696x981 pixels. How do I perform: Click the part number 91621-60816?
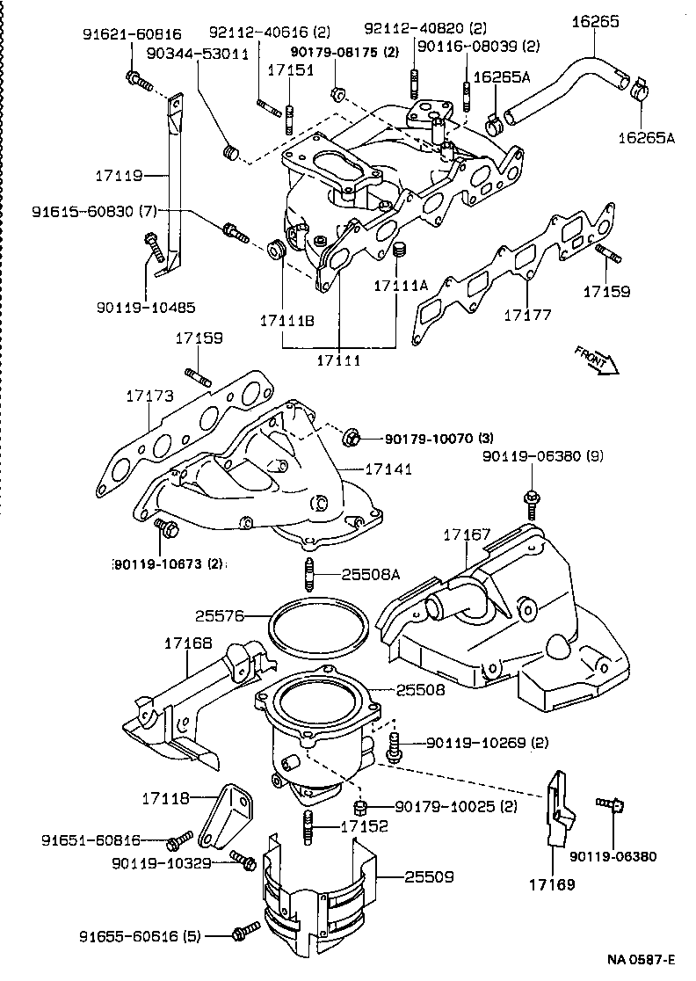click(132, 35)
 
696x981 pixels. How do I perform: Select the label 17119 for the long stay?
click(120, 176)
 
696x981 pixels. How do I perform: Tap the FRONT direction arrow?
click(597, 360)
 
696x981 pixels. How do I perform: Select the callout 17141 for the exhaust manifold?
click(388, 470)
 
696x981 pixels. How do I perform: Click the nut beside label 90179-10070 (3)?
click(351, 436)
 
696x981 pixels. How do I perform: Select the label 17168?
click(187, 643)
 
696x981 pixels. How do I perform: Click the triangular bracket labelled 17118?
click(228, 813)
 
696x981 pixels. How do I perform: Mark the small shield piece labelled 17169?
click(558, 809)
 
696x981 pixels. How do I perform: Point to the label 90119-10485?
click(147, 308)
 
